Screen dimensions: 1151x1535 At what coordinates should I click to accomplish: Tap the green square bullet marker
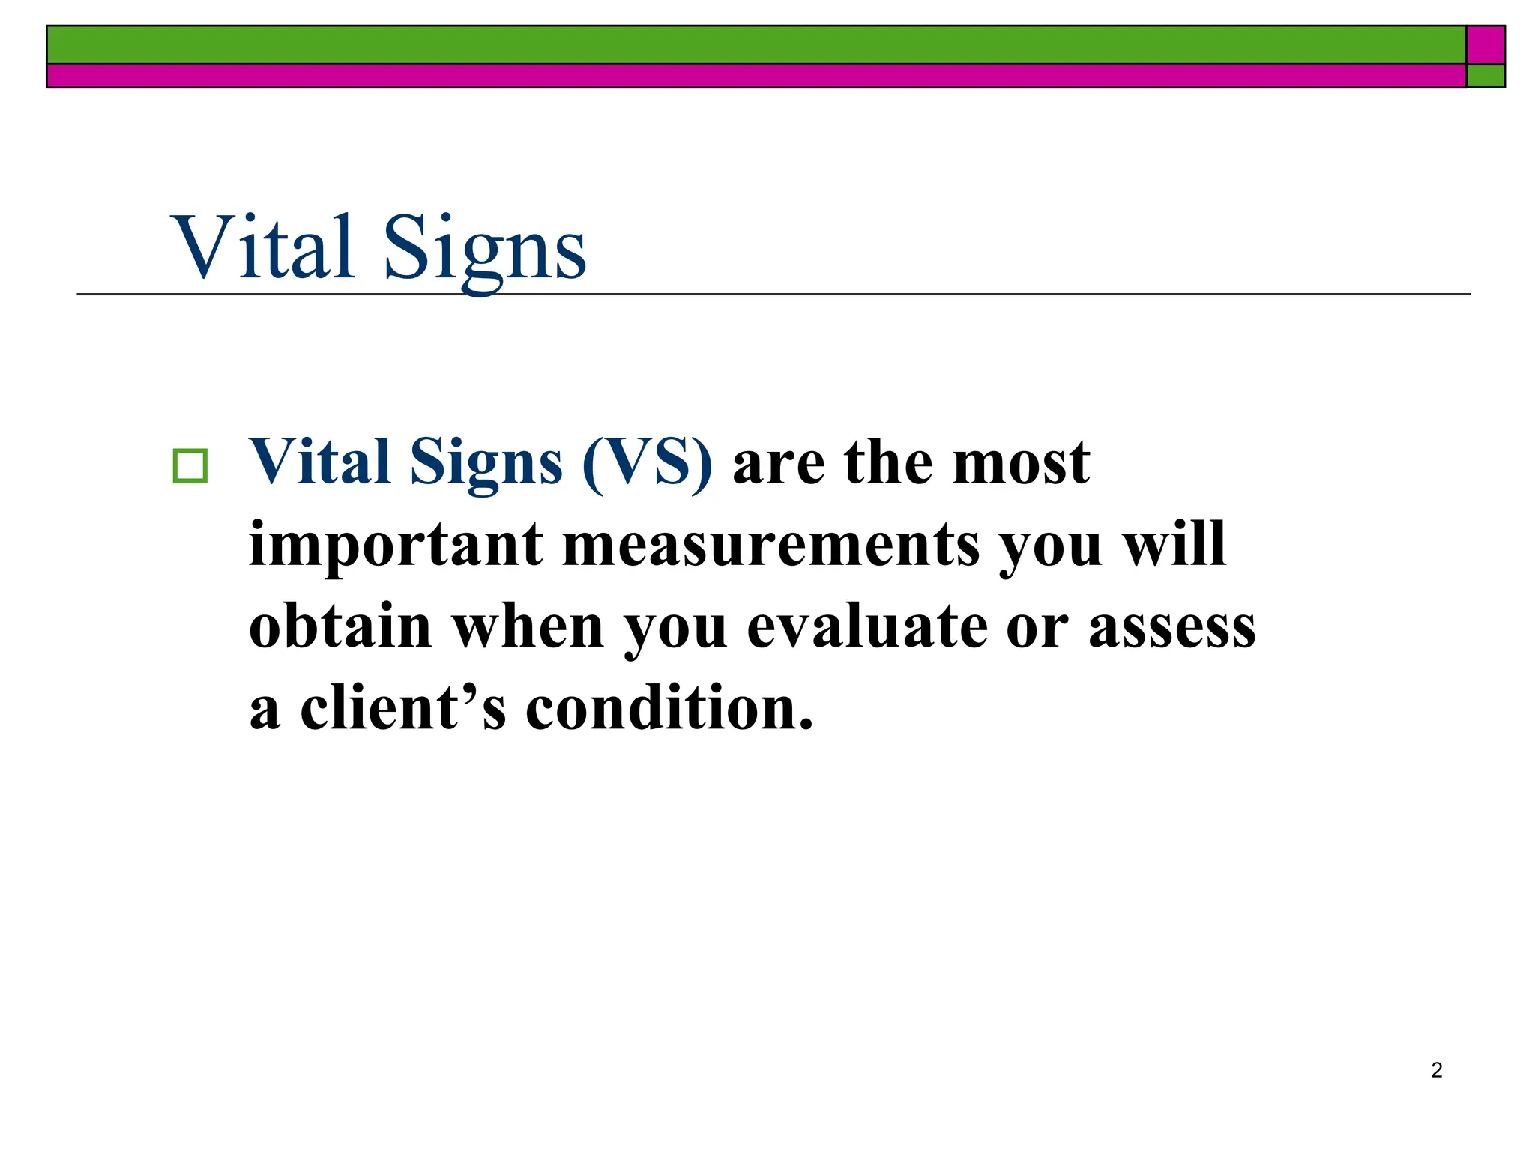tap(190, 466)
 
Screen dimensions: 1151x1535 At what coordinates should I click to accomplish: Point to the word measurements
tap(770, 545)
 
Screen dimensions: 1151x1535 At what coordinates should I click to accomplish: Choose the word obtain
tap(340, 626)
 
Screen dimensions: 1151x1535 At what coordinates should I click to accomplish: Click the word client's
tap(403, 708)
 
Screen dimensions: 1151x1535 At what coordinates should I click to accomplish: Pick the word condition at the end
tap(669, 708)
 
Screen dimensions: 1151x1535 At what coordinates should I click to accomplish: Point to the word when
tap(528, 626)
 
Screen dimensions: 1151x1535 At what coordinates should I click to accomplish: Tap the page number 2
tap(1436, 1070)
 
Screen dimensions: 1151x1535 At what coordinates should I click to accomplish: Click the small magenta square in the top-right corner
tap(1486, 45)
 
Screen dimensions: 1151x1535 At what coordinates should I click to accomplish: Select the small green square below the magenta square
tap(1486, 76)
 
